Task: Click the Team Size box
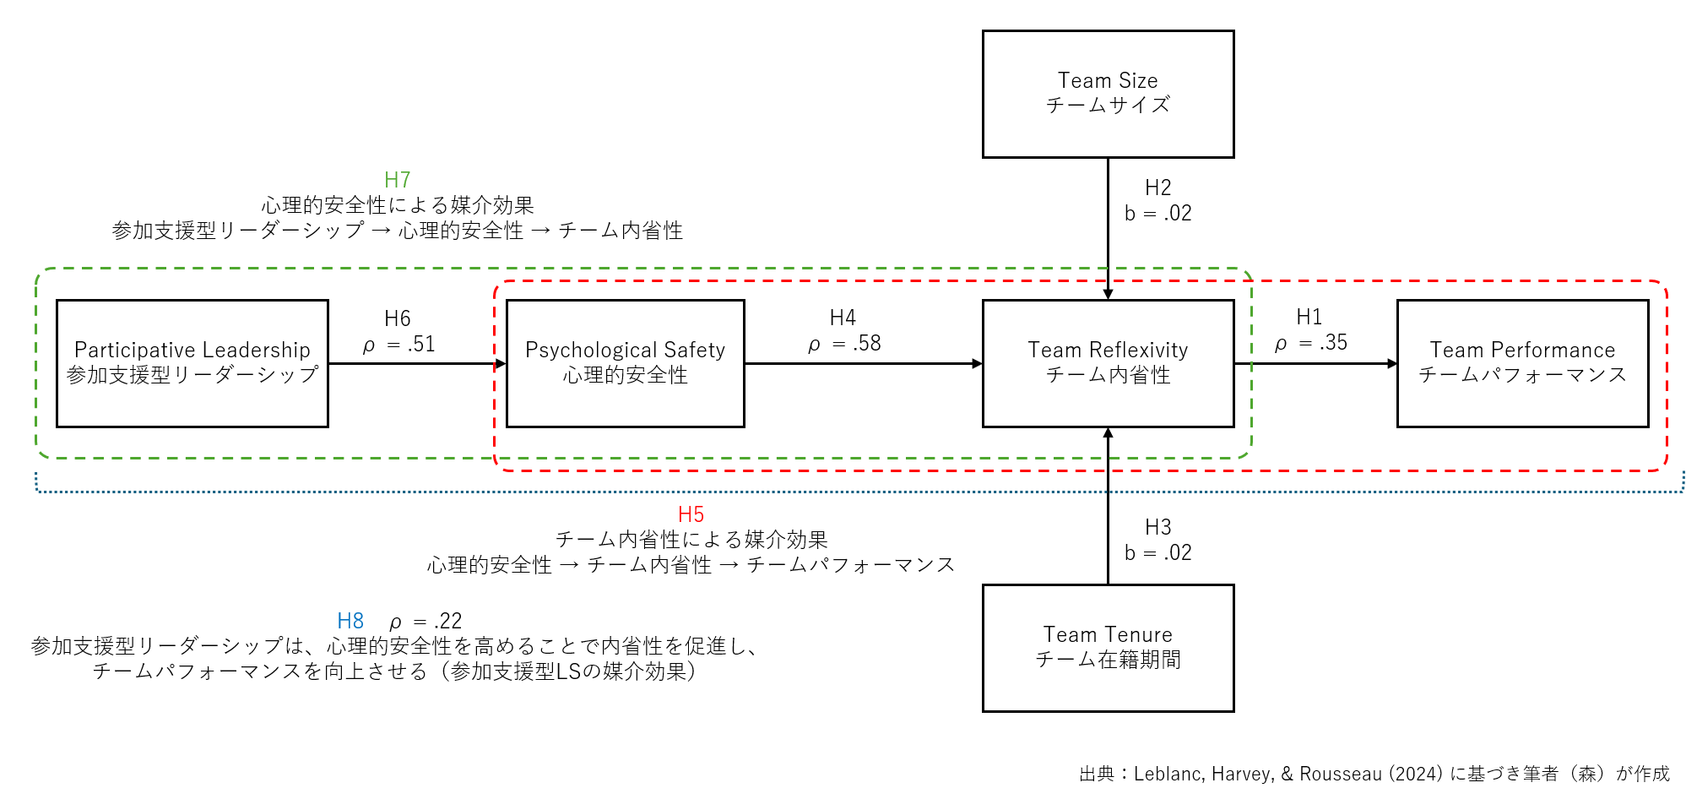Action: click(x=1108, y=94)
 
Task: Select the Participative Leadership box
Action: click(x=192, y=363)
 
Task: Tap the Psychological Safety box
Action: click(x=625, y=363)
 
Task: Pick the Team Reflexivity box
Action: click(x=1108, y=363)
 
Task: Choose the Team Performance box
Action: click(x=1522, y=363)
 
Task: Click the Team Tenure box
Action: click(x=1108, y=648)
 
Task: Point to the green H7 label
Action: click(x=397, y=180)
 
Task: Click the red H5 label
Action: click(x=691, y=514)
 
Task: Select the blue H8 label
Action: click(x=350, y=621)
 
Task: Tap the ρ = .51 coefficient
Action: click(x=398, y=345)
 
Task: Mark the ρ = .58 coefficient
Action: click(x=844, y=344)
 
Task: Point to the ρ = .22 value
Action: click(x=426, y=622)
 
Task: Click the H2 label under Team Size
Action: click(x=1157, y=188)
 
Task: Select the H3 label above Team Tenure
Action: click(x=1157, y=527)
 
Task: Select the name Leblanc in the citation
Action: click(x=1168, y=774)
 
